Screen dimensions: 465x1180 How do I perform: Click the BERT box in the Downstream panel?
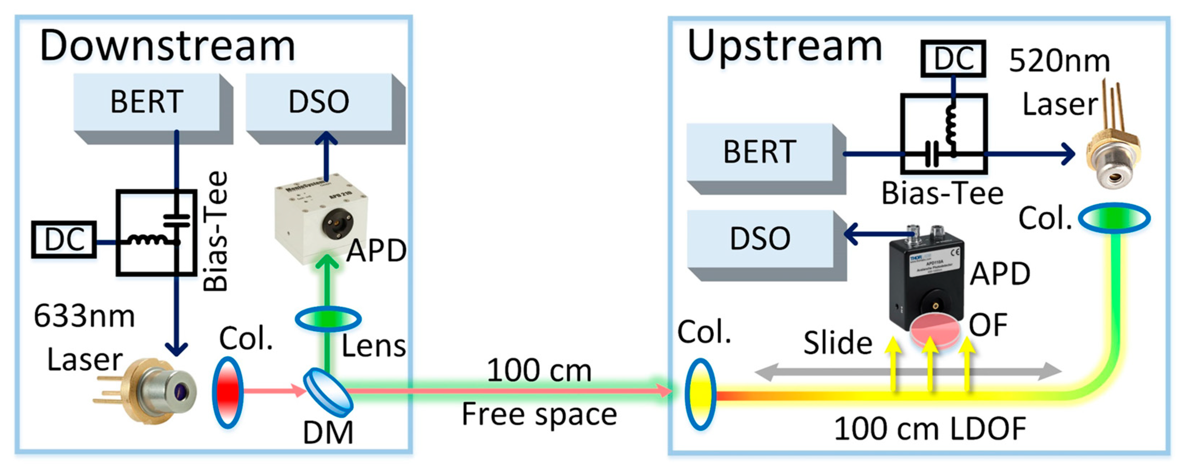pos(147,102)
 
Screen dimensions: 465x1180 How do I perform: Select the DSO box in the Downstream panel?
pos(319,102)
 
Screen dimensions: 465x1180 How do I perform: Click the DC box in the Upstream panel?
pos(953,58)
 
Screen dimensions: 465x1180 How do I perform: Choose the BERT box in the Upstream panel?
pos(759,152)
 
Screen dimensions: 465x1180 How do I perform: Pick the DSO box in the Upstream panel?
pos(759,239)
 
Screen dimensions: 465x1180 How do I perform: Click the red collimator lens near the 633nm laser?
pos(228,392)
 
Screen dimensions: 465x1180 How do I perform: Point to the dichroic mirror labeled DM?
pos(328,392)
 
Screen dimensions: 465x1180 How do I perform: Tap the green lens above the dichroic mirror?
pos(328,319)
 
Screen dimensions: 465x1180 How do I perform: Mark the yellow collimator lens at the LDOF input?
pos(700,394)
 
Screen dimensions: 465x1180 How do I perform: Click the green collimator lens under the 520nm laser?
pos(1114,218)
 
